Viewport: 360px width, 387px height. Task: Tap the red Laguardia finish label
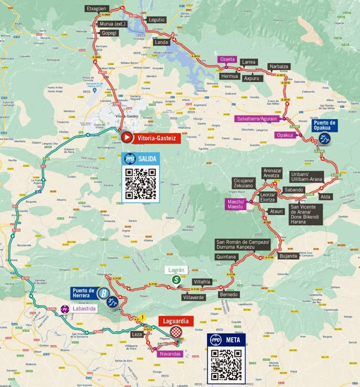pos(176,321)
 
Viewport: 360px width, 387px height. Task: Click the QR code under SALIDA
pos(141,184)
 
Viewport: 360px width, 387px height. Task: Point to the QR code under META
pos(226,365)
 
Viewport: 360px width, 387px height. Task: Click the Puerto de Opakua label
pos(324,126)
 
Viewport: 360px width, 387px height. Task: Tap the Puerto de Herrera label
pos(83,293)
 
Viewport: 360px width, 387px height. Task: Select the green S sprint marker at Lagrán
pos(176,280)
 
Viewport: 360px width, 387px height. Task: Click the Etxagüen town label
pos(98,8)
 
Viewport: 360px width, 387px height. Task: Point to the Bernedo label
pos(229,294)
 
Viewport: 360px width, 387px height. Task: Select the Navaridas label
pos(170,354)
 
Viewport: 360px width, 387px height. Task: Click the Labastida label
pos(83,308)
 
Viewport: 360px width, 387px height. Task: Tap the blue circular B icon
pos(103,294)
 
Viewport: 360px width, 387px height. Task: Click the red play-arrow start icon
pos(127,137)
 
